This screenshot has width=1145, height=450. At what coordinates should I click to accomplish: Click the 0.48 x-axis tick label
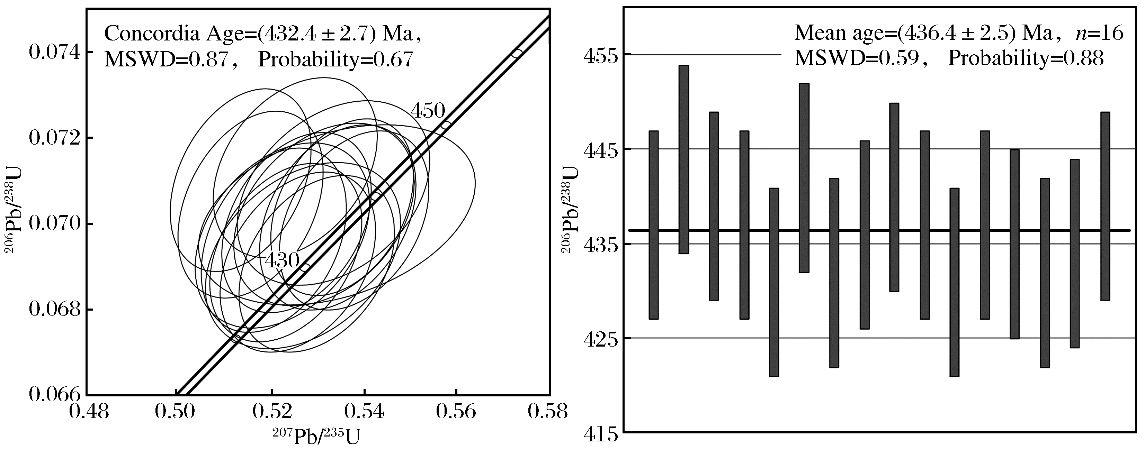89,411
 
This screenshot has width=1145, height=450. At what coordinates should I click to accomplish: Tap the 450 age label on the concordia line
427,111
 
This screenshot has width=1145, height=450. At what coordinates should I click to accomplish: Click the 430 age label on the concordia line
282,260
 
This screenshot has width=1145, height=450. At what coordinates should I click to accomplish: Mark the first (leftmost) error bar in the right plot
653,225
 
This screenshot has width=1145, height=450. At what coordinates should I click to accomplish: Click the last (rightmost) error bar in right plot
1105,206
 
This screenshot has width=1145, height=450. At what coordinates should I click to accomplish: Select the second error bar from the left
683,159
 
